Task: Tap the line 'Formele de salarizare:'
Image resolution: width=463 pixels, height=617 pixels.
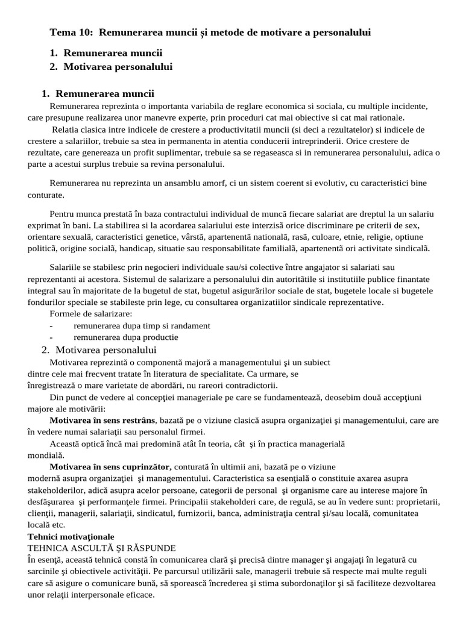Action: [x=90, y=313]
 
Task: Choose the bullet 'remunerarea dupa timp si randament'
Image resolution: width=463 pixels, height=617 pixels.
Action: [x=142, y=325]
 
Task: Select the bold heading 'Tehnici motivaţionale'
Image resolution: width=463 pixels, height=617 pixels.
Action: [x=71, y=536]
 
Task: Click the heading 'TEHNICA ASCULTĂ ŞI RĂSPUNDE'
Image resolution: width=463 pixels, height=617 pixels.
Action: [x=102, y=548]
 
